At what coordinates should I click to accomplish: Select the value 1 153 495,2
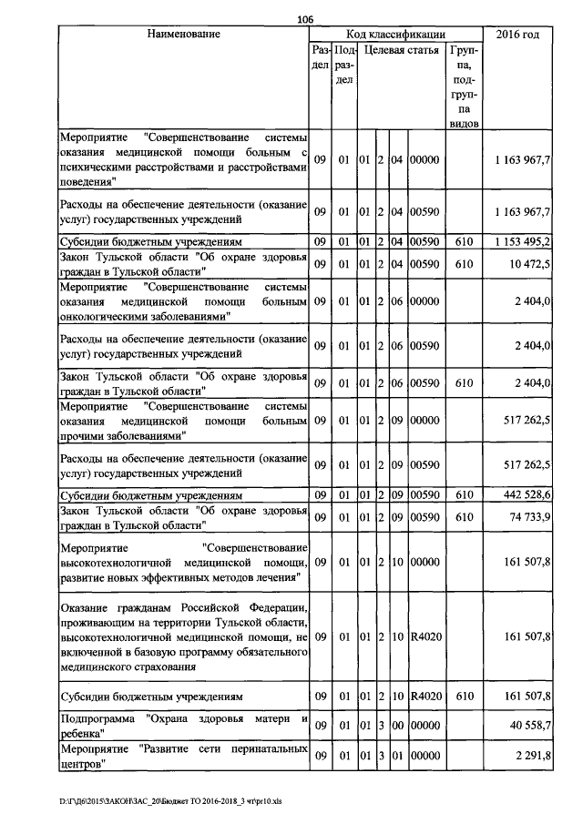click(523, 241)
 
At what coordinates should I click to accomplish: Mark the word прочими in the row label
click(80, 435)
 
